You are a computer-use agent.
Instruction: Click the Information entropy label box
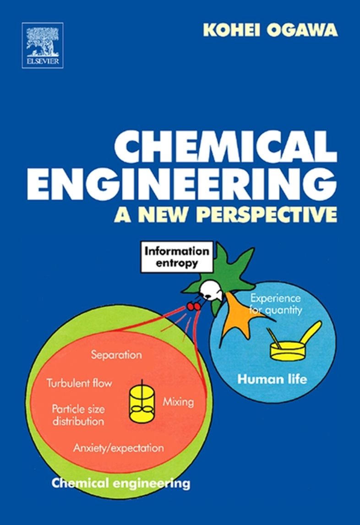(x=177, y=257)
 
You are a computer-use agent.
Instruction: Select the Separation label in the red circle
(x=116, y=355)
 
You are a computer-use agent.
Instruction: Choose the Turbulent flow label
(x=79, y=383)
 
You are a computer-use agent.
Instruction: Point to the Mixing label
(x=178, y=402)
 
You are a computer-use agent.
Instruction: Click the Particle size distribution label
(x=78, y=415)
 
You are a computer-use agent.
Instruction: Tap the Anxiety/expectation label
(x=118, y=447)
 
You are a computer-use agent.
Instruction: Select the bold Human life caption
(x=272, y=380)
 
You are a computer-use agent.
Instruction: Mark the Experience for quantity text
(x=276, y=304)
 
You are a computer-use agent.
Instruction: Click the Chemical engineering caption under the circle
(x=121, y=483)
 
